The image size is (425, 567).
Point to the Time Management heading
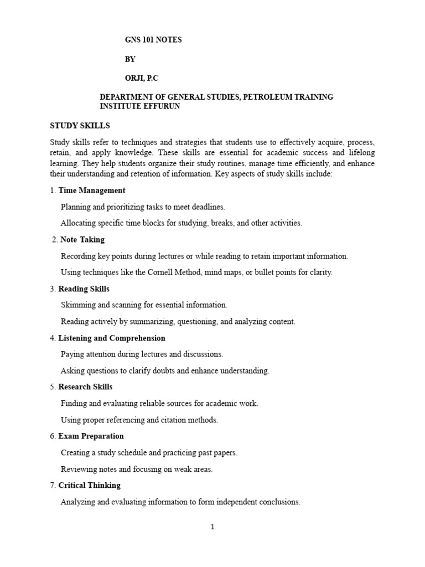pyautogui.click(x=92, y=190)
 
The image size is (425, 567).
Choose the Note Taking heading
pyautogui.click(x=82, y=240)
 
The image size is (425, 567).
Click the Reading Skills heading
pyautogui.click(x=84, y=289)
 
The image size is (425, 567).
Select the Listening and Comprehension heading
pyautogui.click(x=112, y=338)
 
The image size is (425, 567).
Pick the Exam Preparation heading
pyautogui.click(x=91, y=436)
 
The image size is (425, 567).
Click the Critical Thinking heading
pyautogui.click(x=89, y=486)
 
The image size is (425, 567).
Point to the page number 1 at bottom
pyautogui.click(x=212, y=527)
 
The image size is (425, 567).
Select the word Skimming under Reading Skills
pyautogui.click(x=77, y=305)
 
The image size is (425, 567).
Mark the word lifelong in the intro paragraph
pyautogui.click(x=359, y=153)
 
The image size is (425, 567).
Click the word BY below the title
pyautogui.click(x=130, y=59)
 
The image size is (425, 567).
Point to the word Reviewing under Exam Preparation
pyautogui.click(x=79, y=469)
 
